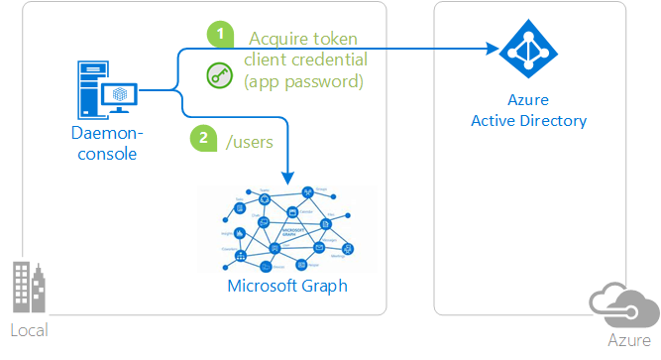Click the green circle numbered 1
pos(220,34)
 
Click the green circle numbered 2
pos(202,139)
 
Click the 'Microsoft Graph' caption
pos(287,287)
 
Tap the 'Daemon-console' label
pos(107,143)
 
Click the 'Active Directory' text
pos(530,121)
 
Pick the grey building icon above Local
pos(28,290)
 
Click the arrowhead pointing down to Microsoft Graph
pos(288,179)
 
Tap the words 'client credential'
pos(303,60)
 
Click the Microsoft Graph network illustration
pos(287,229)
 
